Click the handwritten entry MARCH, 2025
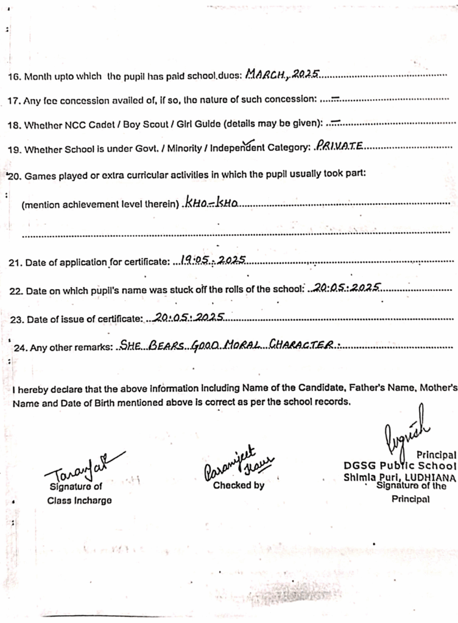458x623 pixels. [282, 75]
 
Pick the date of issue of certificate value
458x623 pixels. [190, 317]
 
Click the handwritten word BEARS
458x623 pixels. [166, 345]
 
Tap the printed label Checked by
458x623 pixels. [238, 486]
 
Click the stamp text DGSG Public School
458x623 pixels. [400, 466]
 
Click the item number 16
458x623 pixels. [13, 77]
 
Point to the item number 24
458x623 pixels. [20, 348]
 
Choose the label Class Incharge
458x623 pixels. [79, 501]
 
